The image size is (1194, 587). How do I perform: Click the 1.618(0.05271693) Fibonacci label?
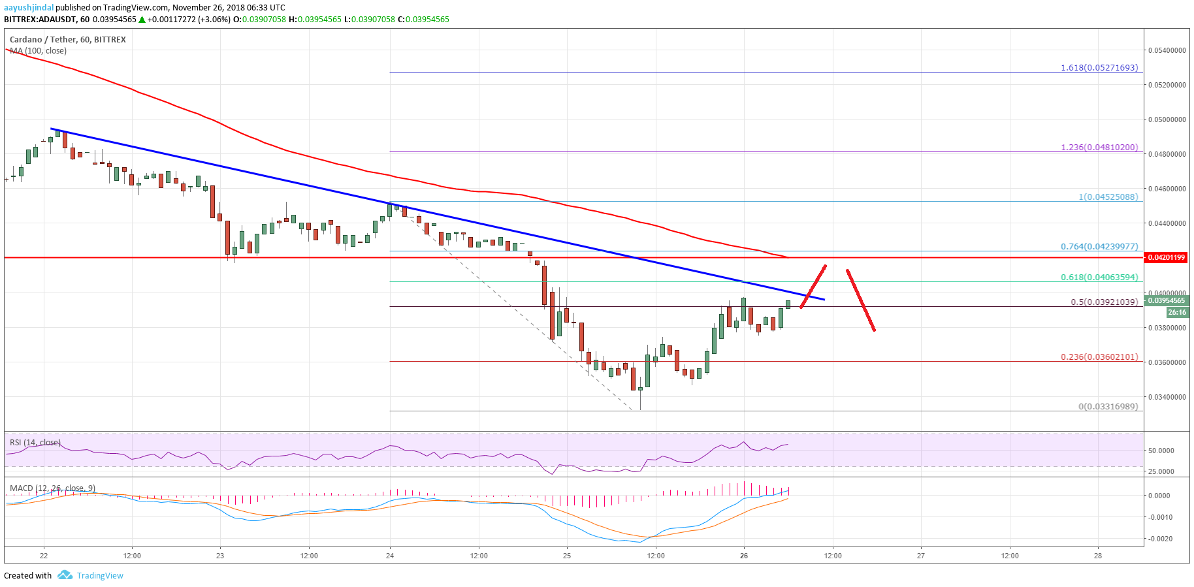tap(1099, 67)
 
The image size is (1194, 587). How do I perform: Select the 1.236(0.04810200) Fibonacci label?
tap(1099, 147)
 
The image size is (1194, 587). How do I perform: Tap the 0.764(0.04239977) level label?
tap(1099, 246)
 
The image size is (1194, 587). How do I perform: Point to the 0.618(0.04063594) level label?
tap(1099, 277)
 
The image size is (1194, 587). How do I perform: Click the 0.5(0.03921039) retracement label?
tap(1104, 302)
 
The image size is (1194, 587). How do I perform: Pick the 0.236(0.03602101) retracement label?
tap(1099, 357)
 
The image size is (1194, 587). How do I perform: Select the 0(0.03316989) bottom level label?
tap(1108, 406)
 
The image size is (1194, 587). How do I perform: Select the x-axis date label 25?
tap(567, 556)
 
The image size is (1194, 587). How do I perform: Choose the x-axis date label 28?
tap(1098, 556)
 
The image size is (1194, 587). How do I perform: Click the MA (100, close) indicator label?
tap(38, 50)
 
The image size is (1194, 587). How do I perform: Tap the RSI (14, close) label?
tap(35, 442)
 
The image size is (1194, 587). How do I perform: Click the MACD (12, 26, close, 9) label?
tap(52, 488)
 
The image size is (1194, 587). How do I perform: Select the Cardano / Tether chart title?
tap(68, 39)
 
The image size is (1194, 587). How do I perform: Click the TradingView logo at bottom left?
tap(91, 575)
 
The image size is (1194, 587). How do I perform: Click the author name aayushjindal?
tap(29, 8)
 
